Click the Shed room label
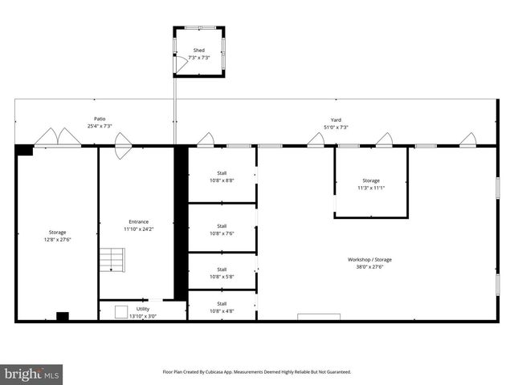[198, 51]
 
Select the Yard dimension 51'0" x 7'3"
[337, 127]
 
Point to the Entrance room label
[138, 221]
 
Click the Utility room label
[142, 308]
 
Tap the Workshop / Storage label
[369, 260]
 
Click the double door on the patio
[57, 137]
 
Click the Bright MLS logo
[31, 374]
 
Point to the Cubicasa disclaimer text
[257, 372]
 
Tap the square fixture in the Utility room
[121, 312]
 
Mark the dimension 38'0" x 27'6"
[369, 267]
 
